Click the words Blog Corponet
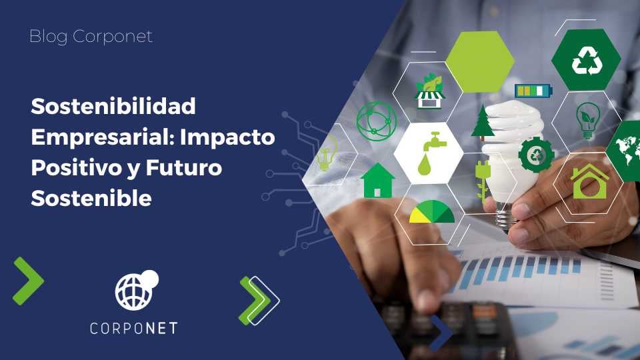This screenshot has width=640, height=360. [91, 37]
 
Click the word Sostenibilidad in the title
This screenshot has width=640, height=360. [113, 106]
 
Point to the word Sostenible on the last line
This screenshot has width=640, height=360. [91, 198]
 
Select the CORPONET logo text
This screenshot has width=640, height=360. [134, 328]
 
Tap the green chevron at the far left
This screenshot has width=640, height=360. [28, 281]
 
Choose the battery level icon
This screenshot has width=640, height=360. [533, 91]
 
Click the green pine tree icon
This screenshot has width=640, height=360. [483, 122]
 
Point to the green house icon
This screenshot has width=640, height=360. [377, 181]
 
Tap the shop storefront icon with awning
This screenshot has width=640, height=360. [429, 92]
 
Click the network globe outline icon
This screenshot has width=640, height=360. [376, 121]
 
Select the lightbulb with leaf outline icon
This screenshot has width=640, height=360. [587, 119]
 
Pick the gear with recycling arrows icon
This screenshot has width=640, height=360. [535, 154]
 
